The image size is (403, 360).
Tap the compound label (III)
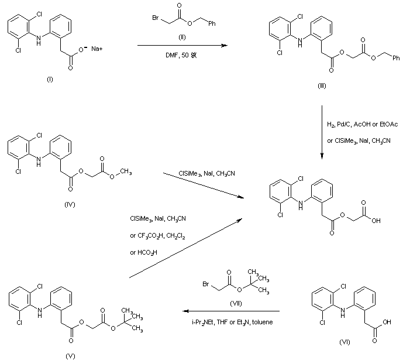coord(321,86)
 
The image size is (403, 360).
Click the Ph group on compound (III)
coord(395,58)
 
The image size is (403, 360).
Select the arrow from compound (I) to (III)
coord(181,44)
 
